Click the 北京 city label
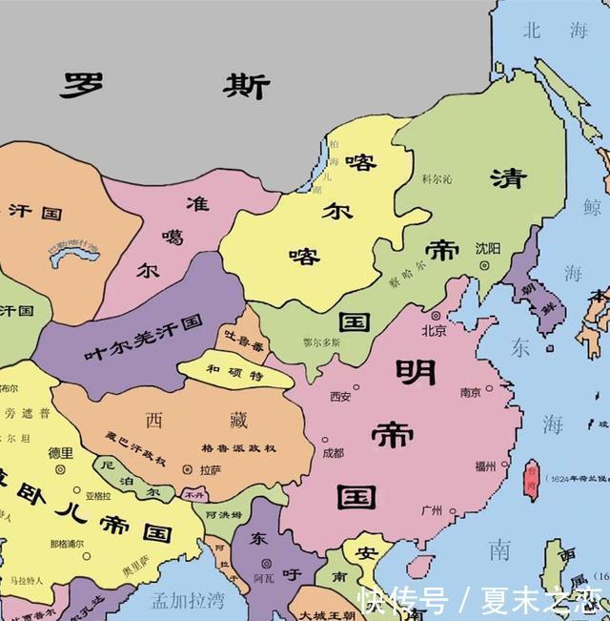[x=434, y=331]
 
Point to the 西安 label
[x=340, y=396]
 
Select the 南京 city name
[x=470, y=392]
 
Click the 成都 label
[x=333, y=452]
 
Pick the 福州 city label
[x=484, y=466]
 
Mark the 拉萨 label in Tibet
[x=211, y=469]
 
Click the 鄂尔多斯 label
[x=320, y=341]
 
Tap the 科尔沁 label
[x=437, y=178]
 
